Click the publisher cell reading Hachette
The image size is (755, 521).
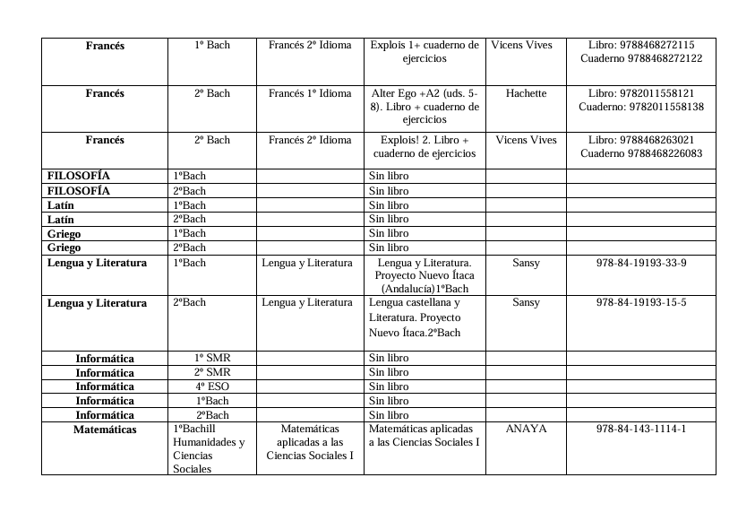pos(526,93)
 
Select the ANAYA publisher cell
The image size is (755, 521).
pos(526,430)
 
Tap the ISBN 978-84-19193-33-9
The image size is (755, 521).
pos(641,263)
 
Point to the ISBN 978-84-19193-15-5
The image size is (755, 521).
pos(641,302)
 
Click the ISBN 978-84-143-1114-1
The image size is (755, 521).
pos(641,430)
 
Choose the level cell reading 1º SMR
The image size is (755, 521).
pos(212,358)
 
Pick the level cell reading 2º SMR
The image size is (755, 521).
pos(212,372)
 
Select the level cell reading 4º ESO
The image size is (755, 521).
pos(212,386)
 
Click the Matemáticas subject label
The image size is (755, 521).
pos(105,430)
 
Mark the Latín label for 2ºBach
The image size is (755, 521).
pos(61,219)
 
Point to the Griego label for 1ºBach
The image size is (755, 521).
pos(64,233)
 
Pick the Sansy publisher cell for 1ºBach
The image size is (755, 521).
pos(526,263)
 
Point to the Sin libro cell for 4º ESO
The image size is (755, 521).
pos(389,386)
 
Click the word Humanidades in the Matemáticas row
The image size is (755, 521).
pos(209,442)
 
